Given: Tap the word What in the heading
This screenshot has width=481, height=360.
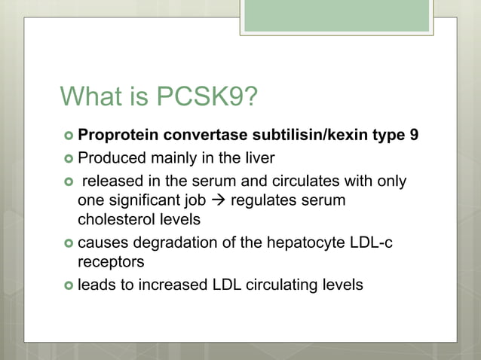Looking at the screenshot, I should pyautogui.click(x=88, y=97).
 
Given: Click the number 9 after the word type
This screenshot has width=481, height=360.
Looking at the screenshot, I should pyautogui.click(x=415, y=137).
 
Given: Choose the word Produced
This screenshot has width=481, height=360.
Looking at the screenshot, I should pyautogui.click(x=109, y=160).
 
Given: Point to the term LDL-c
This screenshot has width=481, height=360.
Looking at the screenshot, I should pyautogui.click(x=377, y=243).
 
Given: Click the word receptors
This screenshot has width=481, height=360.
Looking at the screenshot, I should pyautogui.click(x=109, y=263).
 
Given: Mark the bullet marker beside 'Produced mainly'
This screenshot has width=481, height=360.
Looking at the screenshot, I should pyautogui.click(x=69, y=160).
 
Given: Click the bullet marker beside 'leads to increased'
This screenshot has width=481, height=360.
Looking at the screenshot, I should pyautogui.click(x=69, y=285).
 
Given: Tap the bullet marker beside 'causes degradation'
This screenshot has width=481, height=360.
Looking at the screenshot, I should pyautogui.click(x=69, y=243).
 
